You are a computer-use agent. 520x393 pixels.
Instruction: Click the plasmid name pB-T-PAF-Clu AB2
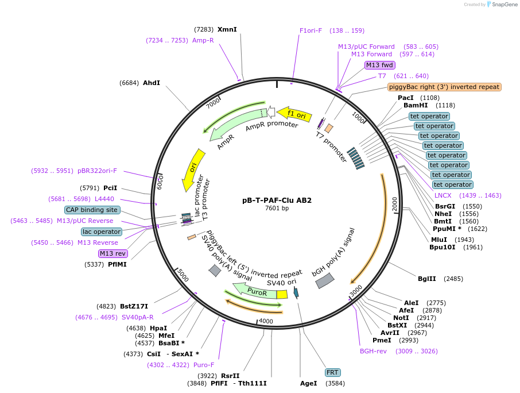[x=277, y=201]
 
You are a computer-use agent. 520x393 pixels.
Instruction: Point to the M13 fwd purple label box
[x=380, y=65]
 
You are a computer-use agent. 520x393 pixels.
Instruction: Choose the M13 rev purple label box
[x=112, y=253]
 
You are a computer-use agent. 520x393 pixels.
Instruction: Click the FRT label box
[x=332, y=372]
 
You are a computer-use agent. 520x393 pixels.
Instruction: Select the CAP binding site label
[x=92, y=210]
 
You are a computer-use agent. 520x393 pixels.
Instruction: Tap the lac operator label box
[x=101, y=232]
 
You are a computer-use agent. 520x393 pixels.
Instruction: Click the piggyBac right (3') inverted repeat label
[x=444, y=87]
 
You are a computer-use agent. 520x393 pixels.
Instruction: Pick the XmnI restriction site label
[x=227, y=29]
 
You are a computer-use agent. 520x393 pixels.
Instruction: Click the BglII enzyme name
[x=426, y=279]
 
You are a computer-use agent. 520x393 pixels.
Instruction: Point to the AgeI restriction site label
[x=308, y=383]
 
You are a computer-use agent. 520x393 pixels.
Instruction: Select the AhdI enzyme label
[x=152, y=83]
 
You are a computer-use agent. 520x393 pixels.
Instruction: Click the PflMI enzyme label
[x=117, y=264]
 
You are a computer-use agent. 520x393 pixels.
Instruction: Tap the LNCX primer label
[x=443, y=195]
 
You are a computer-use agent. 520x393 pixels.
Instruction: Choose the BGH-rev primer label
[x=373, y=351]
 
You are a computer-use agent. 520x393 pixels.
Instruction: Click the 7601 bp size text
[x=277, y=208]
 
